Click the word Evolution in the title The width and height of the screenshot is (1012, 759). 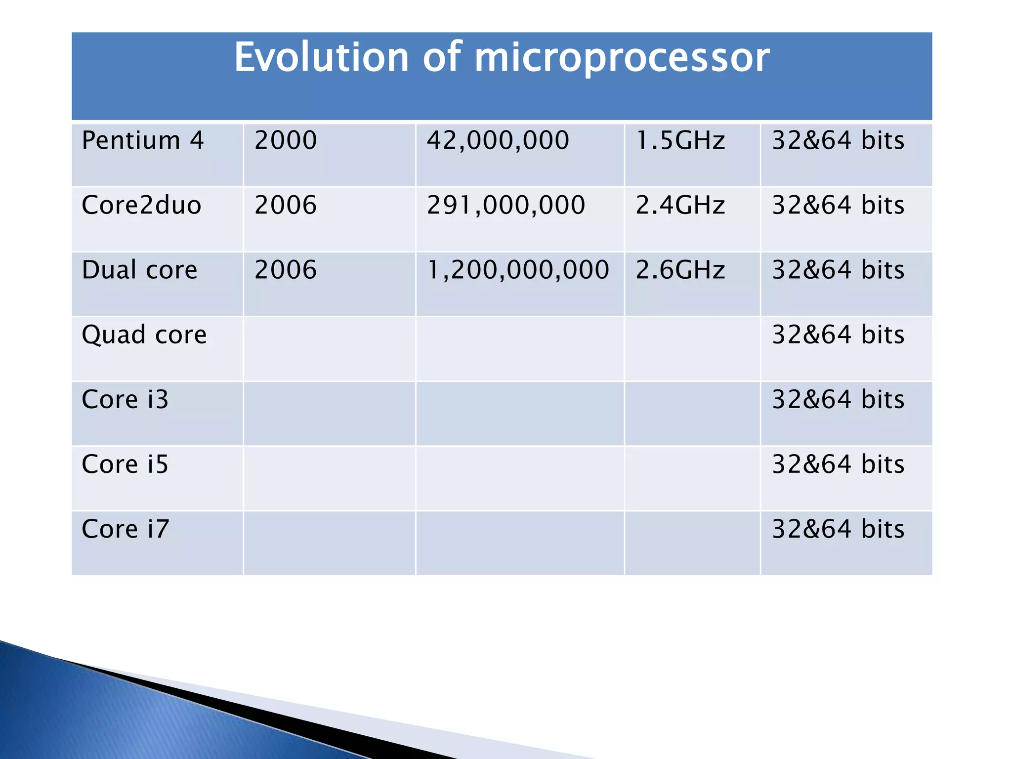click(321, 57)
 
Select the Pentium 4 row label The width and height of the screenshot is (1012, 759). click(143, 140)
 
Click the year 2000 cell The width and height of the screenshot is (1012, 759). click(286, 140)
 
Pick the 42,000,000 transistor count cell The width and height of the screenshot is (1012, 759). click(498, 140)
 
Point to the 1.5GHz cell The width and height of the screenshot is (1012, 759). click(680, 140)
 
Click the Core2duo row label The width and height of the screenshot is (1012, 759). click(141, 205)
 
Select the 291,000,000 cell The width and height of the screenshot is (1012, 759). click(506, 205)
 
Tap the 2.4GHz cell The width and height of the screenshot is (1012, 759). click(680, 205)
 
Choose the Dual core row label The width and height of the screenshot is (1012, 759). click(139, 270)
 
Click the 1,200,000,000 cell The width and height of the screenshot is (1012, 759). click(517, 270)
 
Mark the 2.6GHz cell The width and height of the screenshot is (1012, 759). click(680, 270)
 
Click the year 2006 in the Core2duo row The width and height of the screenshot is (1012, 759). click(286, 205)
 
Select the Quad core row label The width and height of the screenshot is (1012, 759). click(144, 335)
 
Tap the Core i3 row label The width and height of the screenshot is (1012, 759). click(125, 399)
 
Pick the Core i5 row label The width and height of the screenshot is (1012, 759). click(125, 464)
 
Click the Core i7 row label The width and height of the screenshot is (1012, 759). click(126, 529)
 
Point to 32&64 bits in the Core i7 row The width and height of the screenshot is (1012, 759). click(838, 529)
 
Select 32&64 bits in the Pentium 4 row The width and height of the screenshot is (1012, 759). click(838, 140)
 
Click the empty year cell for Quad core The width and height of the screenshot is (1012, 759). click(329, 349)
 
